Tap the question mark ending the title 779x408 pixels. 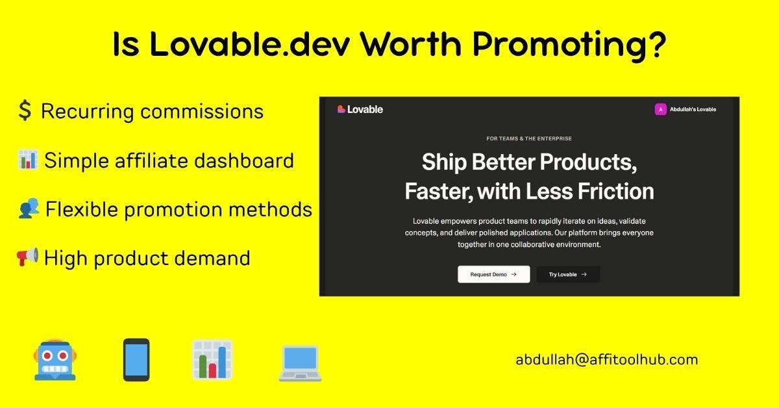(x=658, y=44)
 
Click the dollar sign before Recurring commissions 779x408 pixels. (x=25, y=111)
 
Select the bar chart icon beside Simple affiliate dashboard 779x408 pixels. (x=27, y=160)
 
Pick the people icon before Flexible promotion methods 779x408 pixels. (x=29, y=209)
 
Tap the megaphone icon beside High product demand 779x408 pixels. (x=27, y=257)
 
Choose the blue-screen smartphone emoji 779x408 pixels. (x=136, y=359)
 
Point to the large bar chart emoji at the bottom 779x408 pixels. (x=212, y=359)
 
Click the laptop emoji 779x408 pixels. (x=299, y=361)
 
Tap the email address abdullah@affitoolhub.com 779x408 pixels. (x=607, y=359)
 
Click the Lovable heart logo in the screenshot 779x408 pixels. (x=341, y=109)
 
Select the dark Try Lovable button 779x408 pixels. (x=568, y=274)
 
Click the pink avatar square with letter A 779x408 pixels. (x=660, y=109)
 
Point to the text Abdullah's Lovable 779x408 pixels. (x=693, y=109)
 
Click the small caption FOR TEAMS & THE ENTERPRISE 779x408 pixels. (x=529, y=138)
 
